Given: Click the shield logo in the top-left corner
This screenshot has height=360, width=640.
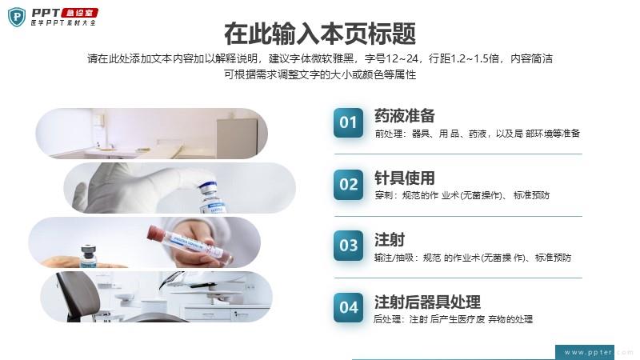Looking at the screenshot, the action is pos(17,17).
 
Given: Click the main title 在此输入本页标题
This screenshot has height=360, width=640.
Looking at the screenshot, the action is pos(320,34).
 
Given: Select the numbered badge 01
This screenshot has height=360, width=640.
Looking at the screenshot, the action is pos(348,122).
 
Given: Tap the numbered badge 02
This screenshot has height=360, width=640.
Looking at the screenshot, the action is pos(348,185).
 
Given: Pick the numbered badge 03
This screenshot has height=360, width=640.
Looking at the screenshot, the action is pos(348,246).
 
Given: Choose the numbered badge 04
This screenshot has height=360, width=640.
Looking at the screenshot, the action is pos(348,307).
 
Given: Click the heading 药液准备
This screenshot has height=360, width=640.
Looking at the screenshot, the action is pos(405,116).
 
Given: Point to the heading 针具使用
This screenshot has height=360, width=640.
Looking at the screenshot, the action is pos(405,178).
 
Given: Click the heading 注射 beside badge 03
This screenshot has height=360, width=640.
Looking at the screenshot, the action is pos(390,239).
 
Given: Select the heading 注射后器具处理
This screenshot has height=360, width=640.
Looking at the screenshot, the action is pos(427,302).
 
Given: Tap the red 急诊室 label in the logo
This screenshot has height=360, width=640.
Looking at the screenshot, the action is pos(79,13).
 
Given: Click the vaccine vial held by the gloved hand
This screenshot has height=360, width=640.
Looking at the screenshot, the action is pos(211,197).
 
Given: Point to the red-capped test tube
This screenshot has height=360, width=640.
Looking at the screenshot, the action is pos(190,244).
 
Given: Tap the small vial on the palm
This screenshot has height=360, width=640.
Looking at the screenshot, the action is pos(88,255).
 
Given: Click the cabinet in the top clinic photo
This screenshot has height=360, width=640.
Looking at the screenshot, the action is pos(237,138).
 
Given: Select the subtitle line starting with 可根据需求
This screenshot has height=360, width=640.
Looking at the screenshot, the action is pos(320,74).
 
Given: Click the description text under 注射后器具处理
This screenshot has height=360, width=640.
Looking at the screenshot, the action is pos(453,319).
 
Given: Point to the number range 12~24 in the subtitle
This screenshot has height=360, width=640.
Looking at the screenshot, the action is pos(402,58).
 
